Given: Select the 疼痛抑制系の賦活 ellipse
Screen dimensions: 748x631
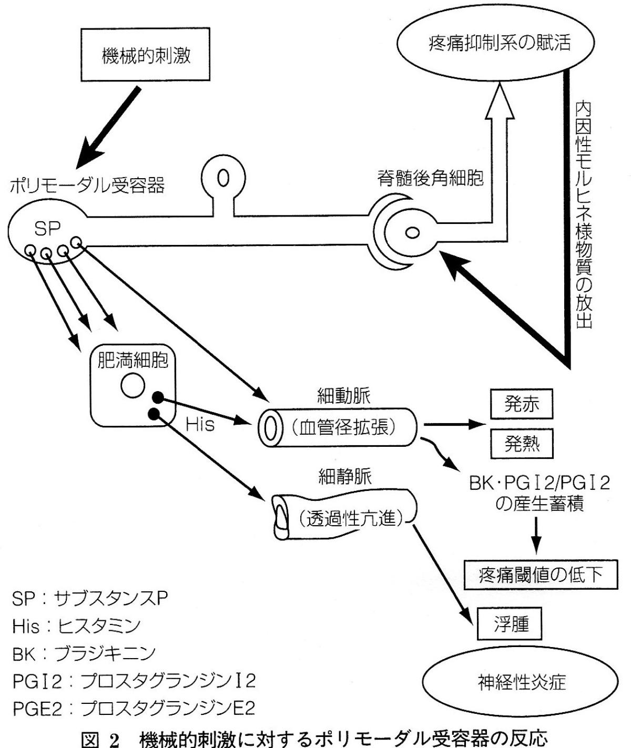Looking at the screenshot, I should coord(499,43).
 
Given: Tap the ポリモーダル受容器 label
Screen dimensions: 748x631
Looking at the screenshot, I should coord(87,185).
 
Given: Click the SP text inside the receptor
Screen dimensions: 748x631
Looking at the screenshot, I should coord(47,228).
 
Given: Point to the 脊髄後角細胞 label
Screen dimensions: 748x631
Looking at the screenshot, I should coord(430,178).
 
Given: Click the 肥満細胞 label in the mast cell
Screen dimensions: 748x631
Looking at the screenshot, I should coord(133,361).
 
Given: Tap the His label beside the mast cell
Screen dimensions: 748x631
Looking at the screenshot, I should coord(200,424).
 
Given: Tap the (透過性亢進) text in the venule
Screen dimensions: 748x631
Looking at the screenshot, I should coord(349,519).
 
